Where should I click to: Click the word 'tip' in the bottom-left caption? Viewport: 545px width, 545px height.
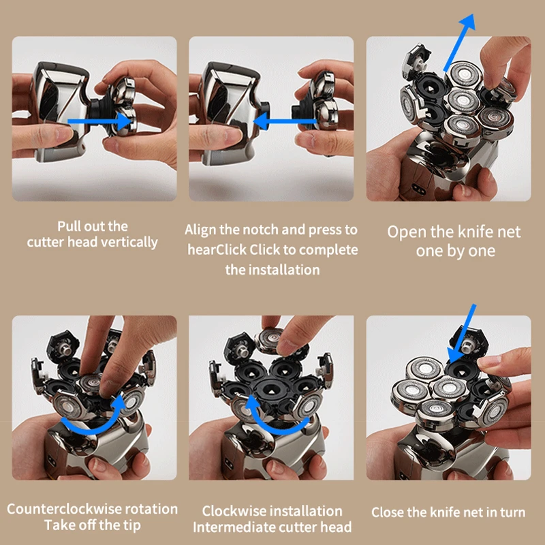(127, 526)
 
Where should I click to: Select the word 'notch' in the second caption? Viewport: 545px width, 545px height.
(257, 230)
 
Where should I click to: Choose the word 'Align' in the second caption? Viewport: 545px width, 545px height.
(200, 230)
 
